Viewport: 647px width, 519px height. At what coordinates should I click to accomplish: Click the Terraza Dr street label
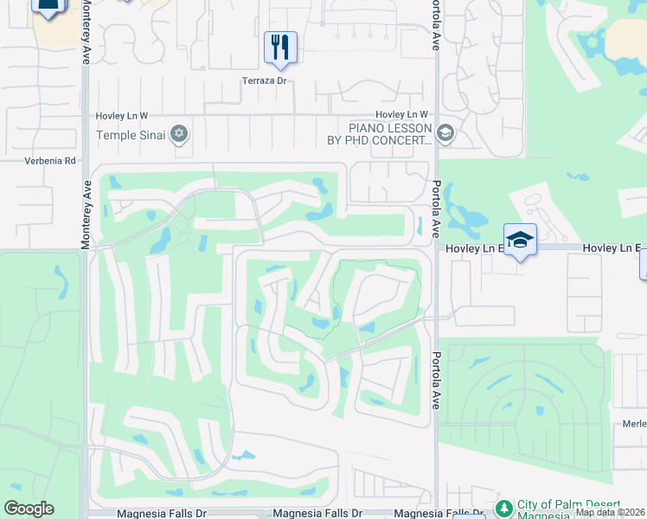[x=263, y=81]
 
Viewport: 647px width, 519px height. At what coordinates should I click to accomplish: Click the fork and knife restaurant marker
[x=280, y=47]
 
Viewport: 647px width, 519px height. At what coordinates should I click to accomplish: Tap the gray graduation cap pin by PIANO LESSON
[x=445, y=133]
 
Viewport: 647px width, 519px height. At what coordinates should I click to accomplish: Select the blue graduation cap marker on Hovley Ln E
[x=520, y=240]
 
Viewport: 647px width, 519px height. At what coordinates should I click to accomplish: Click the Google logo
[x=29, y=509]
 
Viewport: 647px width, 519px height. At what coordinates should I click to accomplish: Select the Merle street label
[x=634, y=424]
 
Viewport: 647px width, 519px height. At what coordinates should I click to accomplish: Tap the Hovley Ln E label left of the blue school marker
[x=474, y=248]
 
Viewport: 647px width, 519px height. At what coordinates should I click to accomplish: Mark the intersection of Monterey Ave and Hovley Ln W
[x=86, y=114]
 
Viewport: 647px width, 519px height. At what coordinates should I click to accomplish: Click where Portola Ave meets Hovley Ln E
[x=436, y=248]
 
